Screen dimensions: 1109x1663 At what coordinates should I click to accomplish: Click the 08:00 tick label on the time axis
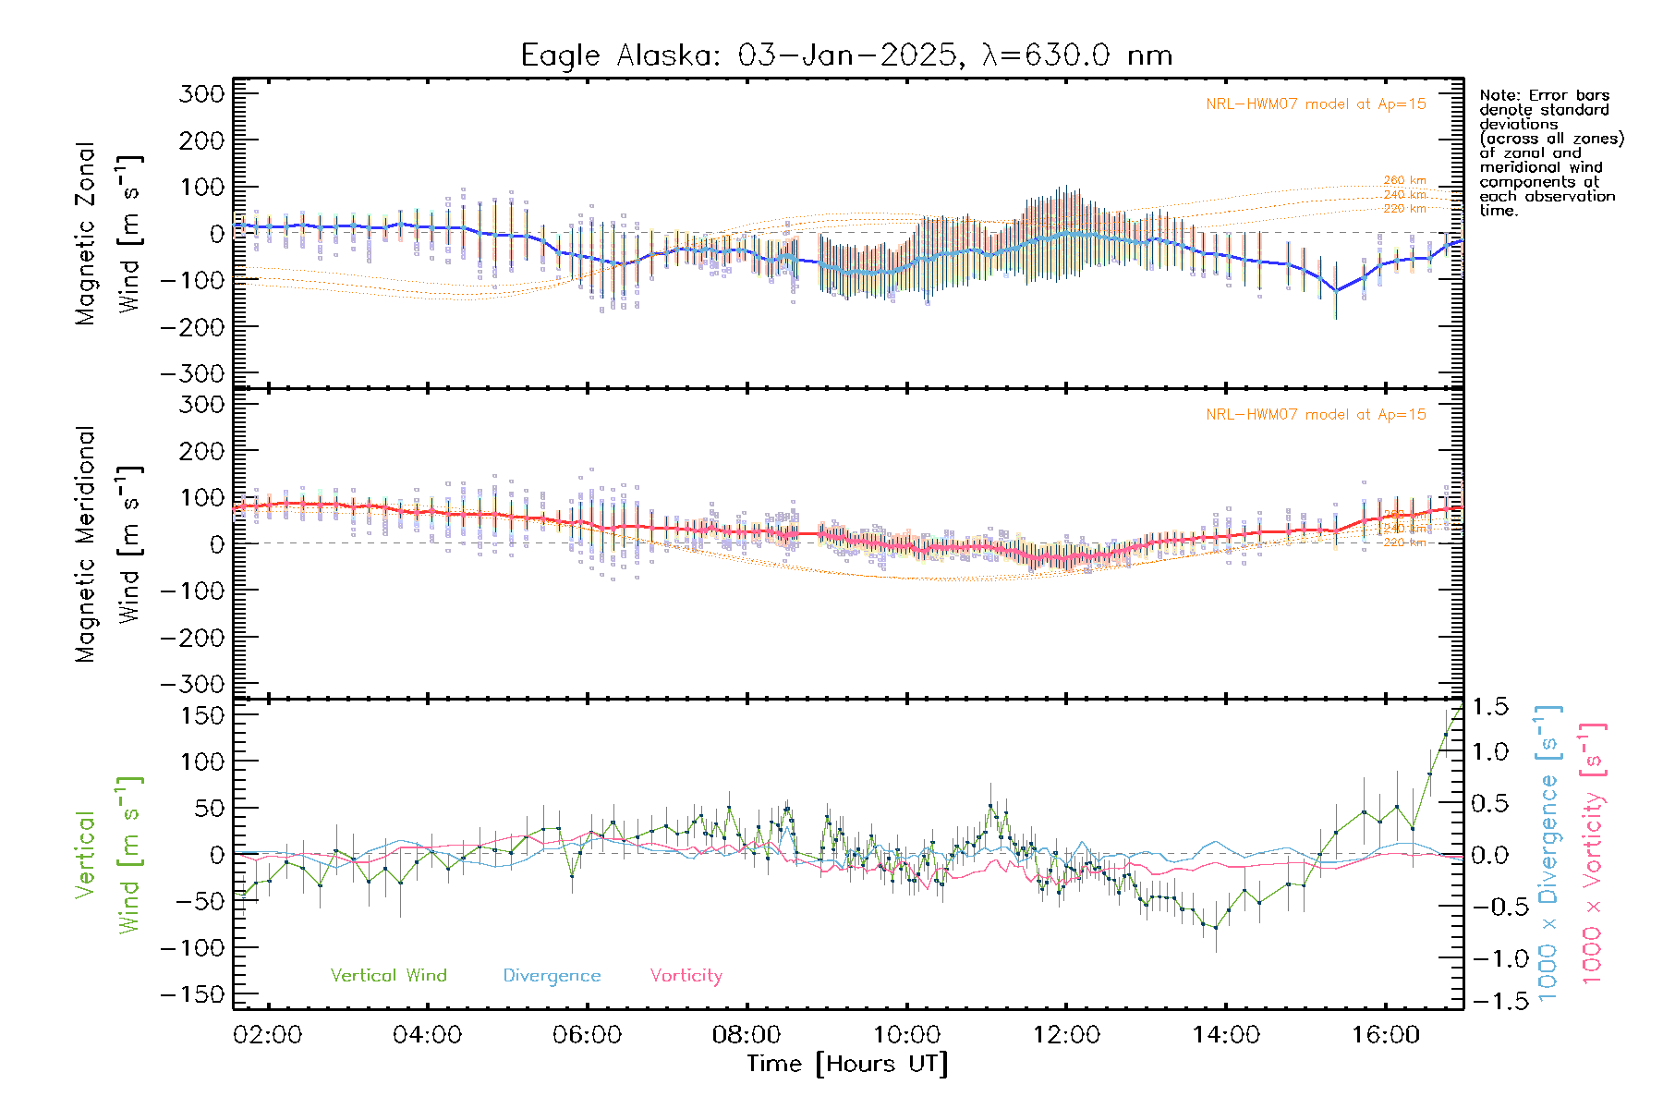click(747, 1034)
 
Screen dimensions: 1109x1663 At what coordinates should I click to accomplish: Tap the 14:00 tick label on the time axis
click(1226, 1034)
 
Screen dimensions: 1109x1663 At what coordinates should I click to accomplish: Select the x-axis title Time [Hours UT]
click(847, 1064)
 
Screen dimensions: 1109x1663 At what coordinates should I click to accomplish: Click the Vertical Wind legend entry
click(388, 975)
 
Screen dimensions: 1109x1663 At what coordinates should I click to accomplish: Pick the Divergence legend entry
click(552, 975)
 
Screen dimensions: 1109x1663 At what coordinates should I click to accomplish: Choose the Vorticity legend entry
click(686, 975)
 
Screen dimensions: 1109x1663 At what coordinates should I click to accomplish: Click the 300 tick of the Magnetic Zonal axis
click(202, 94)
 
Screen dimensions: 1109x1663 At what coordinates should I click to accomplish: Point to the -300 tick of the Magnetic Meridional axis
click(192, 684)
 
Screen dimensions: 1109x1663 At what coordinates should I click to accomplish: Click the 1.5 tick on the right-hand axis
click(1490, 707)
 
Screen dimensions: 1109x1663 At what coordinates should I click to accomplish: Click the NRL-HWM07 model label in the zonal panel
click(1316, 104)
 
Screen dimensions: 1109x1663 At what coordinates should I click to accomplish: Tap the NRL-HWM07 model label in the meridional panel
click(1316, 415)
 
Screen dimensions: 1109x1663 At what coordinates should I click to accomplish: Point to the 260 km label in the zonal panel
click(1404, 180)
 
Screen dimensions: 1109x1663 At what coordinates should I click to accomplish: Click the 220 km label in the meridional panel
click(1404, 542)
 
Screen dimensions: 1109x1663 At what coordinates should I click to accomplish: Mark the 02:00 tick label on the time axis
click(268, 1034)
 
